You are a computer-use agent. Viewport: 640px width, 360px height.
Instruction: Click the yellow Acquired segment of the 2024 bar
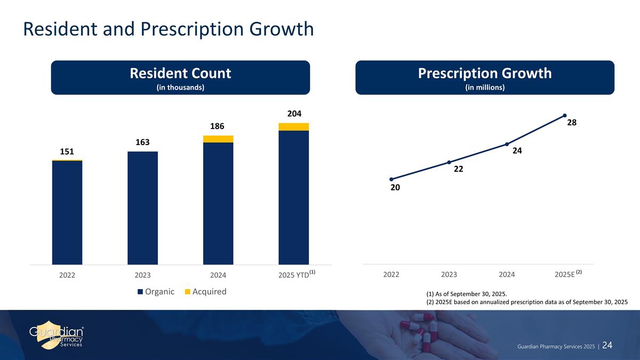(218, 139)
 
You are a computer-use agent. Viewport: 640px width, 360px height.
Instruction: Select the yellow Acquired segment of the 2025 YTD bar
(294, 126)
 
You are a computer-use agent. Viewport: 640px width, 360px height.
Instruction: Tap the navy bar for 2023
(142, 208)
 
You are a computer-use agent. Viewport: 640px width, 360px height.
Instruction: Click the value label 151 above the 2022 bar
(67, 151)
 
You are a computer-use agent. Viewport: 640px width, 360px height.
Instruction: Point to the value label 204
(294, 114)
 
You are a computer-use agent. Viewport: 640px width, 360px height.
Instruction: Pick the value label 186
(218, 126)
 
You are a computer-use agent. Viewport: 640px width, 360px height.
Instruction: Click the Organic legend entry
(156, 292)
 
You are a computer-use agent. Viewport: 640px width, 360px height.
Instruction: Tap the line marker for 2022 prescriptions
(391, 179)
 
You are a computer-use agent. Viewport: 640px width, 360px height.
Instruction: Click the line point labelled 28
(564, 115)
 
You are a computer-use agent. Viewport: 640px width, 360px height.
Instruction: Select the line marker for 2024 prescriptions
(507, 144)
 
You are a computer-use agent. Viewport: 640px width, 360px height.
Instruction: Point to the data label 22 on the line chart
(458, 170)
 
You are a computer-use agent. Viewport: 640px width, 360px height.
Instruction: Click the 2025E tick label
(565, 275)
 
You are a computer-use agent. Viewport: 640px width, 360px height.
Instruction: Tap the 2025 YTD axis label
(294, 275)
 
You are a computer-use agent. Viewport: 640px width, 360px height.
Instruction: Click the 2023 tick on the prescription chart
(449, 275)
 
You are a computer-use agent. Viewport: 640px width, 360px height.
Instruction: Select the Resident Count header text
(180, 74)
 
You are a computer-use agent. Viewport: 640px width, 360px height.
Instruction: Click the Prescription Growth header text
(485, 74)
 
